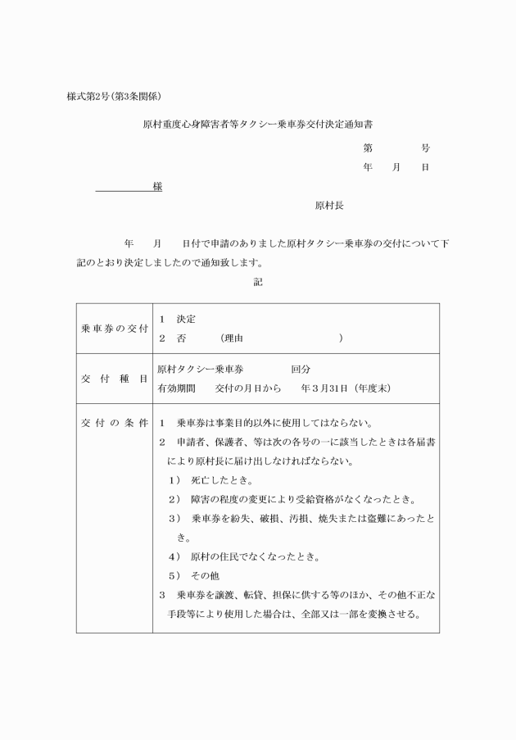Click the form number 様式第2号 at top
(x=91, y=97)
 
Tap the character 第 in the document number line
(x=368, y=148)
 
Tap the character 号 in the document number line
(x=425, y=148)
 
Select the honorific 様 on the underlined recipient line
(x=156, y=187)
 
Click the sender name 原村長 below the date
(x=329, y=207)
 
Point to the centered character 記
(x=258, y=281)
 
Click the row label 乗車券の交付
(x=114, y=328)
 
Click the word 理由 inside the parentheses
(x=235, y=338)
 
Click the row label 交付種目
(x=114, y=379)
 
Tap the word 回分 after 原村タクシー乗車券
(x=301, y=370)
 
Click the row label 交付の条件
(x=114, y=423)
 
